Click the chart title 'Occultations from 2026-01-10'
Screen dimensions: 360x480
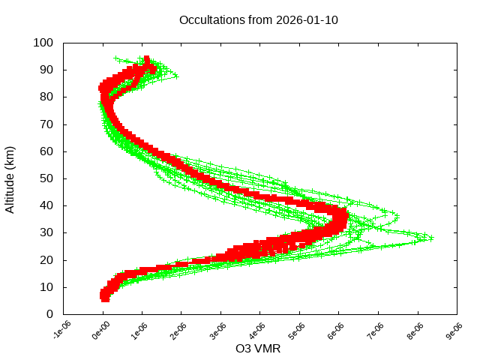point(259,19)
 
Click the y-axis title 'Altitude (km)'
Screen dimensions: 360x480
point(10,178)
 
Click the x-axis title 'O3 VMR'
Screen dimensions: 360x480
point(258,349)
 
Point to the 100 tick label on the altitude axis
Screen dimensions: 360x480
point(43,43)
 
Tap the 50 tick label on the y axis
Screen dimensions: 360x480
point(46,178)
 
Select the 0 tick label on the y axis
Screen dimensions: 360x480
point(49,314)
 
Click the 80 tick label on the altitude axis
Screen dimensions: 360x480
point(46,97)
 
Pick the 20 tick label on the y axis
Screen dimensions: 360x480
point(46,260)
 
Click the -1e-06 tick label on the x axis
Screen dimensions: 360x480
point(62,331)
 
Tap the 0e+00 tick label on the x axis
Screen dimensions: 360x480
point(101,331)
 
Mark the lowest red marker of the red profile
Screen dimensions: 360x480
point(105,298)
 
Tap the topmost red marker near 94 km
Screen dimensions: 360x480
point(147,58)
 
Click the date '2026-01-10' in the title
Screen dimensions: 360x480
point(307,19)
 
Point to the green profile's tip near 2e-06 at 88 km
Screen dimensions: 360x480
point(176,76)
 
